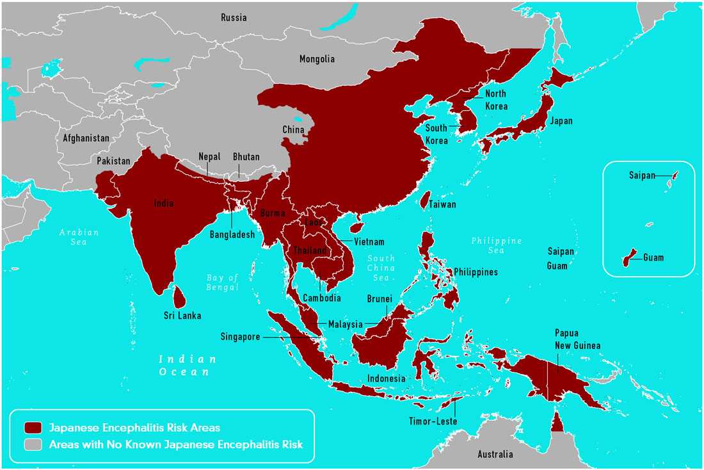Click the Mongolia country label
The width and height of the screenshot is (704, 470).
pos(317,60)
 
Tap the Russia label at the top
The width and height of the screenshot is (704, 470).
pos(234,18)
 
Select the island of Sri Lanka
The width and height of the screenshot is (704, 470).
pos(180,296)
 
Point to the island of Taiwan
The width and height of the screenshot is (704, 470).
pos(424,200)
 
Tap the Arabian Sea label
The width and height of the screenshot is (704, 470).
pos(79,238)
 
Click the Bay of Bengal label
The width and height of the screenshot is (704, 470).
pos(222,282)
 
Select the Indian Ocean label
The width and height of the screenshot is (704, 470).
pos(188,365)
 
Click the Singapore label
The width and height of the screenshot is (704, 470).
pos(241,337)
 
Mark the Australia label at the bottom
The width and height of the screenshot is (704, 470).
pos(495,455)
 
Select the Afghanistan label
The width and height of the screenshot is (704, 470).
pos(86,138)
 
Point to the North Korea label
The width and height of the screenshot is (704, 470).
pos(496,101)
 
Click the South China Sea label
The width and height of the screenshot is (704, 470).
pos(381,268)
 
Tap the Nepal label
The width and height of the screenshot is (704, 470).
pos(209,157)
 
